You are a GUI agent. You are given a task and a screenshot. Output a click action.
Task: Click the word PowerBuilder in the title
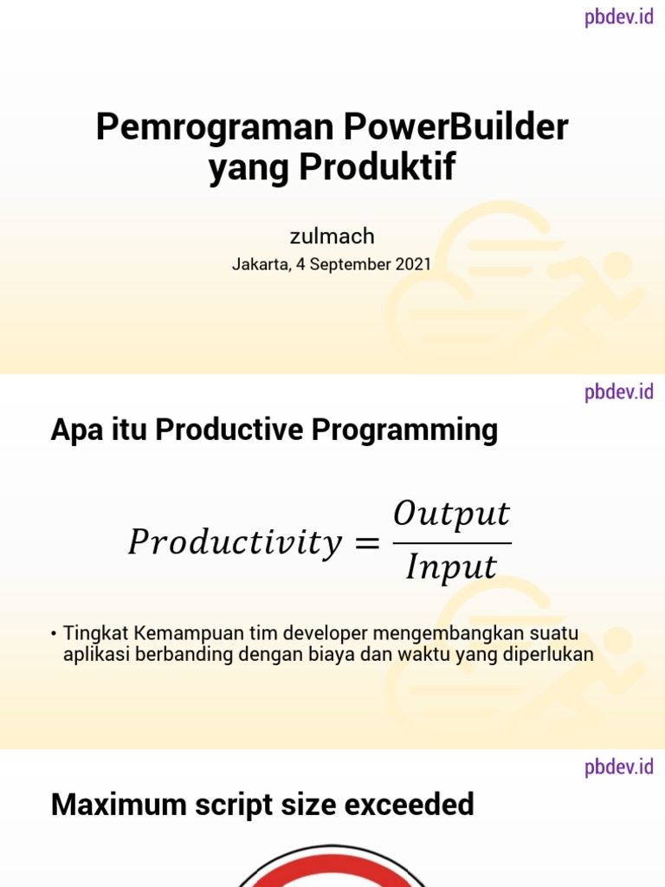pyautogui.click(x=455, y=128)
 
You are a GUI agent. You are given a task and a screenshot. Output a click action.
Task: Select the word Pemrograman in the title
pyautogui.click(x=214, y=128)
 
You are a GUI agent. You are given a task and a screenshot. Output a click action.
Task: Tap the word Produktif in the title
pyautogui.click(x=377, y=168)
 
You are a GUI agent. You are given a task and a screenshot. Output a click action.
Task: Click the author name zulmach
pyautogui.click(x=332, y=236)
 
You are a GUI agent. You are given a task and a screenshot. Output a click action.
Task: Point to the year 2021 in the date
pyautogui.click(x=412, y=265)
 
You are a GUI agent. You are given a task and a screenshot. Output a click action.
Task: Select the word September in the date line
pyautogui.click(x=349, y=265)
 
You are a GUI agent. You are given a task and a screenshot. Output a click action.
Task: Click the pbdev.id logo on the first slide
pyautogui.click(x=618, y=16)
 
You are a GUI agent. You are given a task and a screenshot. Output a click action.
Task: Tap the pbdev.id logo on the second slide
pyautogui.click(x=618, y=392)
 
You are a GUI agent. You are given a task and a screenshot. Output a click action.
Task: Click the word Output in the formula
pyautogui.click(x=451, y=515)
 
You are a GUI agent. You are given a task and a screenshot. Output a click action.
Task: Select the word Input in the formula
pyautogui.click(x=451, y=568)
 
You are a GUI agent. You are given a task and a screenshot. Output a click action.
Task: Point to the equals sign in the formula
pyautogui.click(x=367, y=544)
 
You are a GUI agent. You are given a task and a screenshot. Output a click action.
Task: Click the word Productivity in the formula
pyautogui.click(x=235, y=544)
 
